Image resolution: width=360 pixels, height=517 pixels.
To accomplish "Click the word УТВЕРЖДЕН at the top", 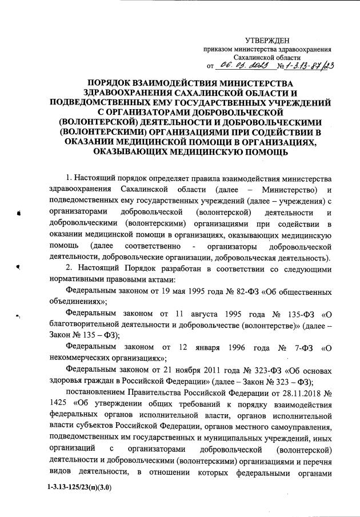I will click(x=267, y=39).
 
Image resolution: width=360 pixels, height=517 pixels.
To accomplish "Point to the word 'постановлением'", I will click(x=97, y=393).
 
